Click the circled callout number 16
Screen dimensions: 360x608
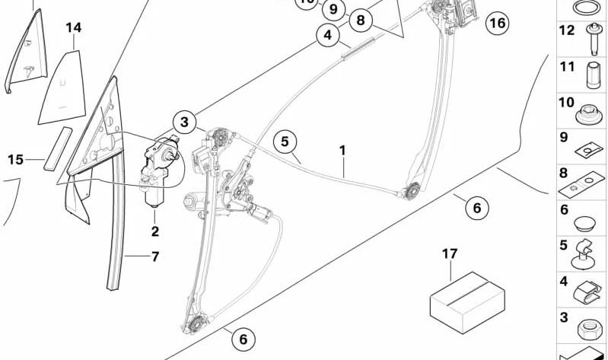(496, 23)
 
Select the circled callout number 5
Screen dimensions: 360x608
(285, 141)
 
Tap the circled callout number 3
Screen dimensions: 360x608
(184, 122)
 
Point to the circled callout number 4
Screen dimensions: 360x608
(328, 35)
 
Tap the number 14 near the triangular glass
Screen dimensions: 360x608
(73, 28)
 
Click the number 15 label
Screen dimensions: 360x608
(16, 159)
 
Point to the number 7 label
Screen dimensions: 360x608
(154, 256)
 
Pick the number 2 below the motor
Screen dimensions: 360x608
(154, 231)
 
